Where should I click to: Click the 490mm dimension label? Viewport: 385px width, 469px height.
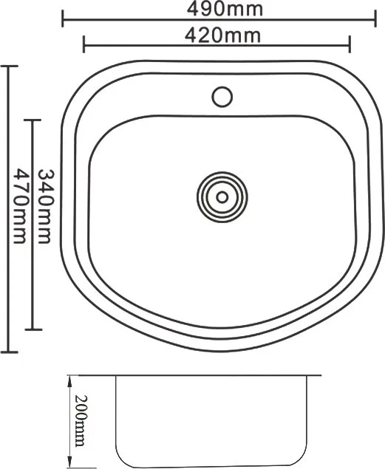click(x=225, y=10)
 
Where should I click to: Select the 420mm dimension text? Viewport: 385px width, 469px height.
click(x=223, y=35)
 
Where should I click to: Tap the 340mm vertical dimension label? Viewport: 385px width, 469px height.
click(x=45, y=206)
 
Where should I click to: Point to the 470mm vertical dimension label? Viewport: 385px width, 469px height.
click(x=21, y=206)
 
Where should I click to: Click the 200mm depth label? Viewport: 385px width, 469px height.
click(x=81, y=421)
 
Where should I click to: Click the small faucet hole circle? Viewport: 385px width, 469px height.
click(x=222, y=97)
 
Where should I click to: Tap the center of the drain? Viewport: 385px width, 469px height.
click(x=222, y=197)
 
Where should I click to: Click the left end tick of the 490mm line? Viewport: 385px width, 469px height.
click(x=63, y=18)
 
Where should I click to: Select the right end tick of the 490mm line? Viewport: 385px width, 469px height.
click(x=375, y=18)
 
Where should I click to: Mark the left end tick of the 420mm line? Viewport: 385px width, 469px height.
click(x=84, y=44)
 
